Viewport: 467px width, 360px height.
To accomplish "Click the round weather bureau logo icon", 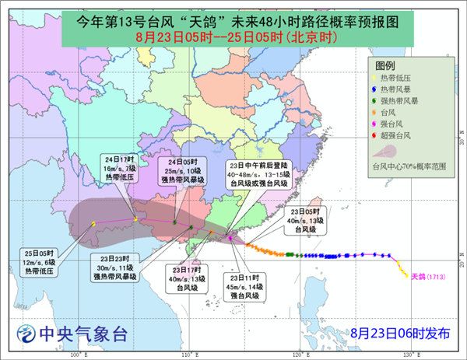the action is tap(27, 334).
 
